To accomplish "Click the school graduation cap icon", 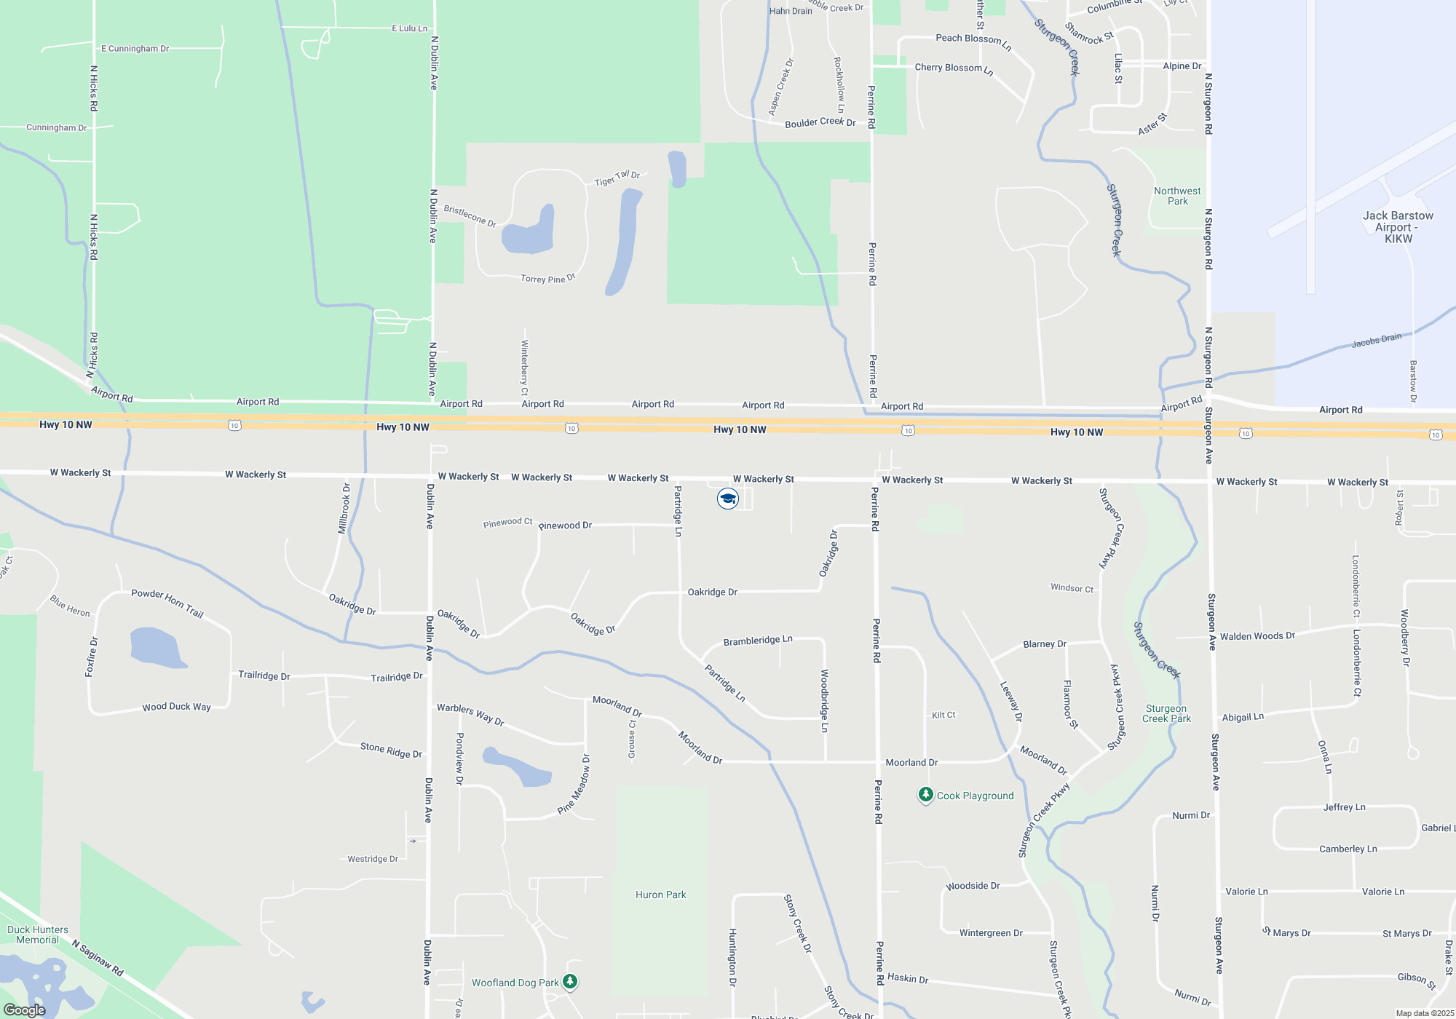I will (728, 499).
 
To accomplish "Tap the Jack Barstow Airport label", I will (1398, 226).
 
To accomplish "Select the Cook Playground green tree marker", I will (925, 794).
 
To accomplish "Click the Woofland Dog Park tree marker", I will (570, 982).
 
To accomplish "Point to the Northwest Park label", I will (1177, 196).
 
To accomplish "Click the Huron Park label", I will (660, 895).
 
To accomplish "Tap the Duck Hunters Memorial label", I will (38, 935).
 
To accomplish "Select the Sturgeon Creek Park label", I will (1166, 713).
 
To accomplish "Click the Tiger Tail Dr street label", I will (617, 178).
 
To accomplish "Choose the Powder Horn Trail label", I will (167, 603).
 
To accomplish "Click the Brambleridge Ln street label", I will (758, 641).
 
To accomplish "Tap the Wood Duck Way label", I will (176, 707).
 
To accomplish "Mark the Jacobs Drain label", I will (1376, 340).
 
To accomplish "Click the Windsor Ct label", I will (1072, 588).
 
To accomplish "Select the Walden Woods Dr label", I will (1257, 636).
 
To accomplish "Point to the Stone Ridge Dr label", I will (391, 750).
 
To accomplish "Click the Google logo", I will (25, 1010).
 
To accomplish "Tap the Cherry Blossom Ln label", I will (954, 68).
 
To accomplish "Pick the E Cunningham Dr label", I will (135, 49).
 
